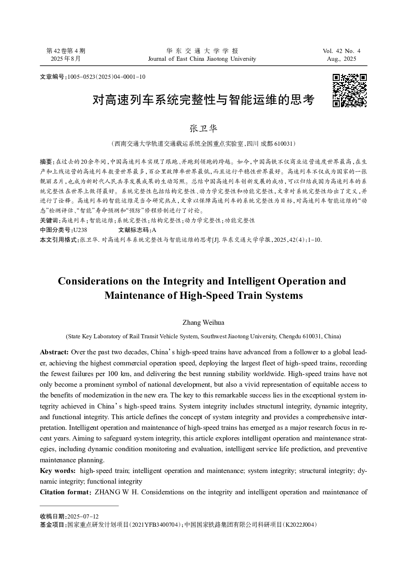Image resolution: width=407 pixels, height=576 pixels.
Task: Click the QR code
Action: tap(350, 90)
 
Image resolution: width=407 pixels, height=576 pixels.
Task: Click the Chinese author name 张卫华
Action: tap(203, 129)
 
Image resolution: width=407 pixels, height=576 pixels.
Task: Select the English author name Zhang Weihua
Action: tap(203, 322)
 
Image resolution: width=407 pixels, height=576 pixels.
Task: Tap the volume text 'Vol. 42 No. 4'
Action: tap(341, 51)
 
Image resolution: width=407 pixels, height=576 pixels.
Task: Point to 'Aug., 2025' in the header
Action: tap(341, 59)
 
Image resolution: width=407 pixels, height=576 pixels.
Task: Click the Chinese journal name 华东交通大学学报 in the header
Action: tap(202, 51)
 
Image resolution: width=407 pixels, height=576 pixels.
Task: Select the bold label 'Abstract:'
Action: tap(54, 352)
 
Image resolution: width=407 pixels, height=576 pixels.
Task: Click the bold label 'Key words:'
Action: tap(57, 470)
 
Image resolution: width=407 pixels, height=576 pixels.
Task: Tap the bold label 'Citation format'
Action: tap(64, 492)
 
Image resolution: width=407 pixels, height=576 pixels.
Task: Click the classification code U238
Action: tap(80, 230)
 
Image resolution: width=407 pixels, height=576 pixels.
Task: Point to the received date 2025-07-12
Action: tap(82, 516)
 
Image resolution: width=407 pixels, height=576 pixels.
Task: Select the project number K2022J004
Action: tap(301, 524)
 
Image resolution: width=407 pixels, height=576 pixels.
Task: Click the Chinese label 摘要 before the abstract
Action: tap(46, 161)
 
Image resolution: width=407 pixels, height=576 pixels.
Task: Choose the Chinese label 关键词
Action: tap(48, 220)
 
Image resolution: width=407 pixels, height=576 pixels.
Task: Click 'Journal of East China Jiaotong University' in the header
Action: tap(202, 59)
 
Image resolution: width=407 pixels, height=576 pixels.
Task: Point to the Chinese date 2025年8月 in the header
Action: tap(66, 59)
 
